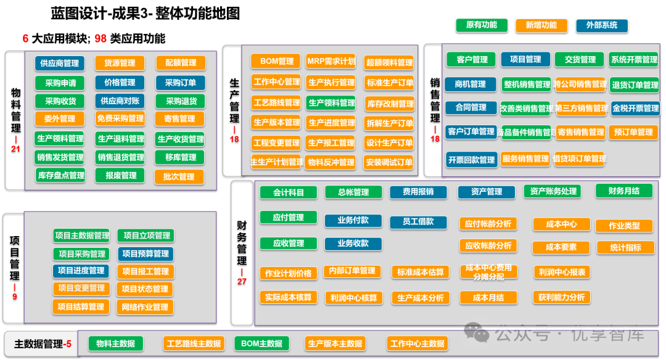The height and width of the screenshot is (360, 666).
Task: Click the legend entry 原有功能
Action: coord(482,25)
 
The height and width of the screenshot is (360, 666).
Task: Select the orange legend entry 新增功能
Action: coord(541,25)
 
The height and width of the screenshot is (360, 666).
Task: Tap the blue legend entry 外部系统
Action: coord(601,25)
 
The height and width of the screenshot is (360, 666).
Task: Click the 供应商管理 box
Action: coord(60,63)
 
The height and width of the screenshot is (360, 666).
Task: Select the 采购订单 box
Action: coord(180,83)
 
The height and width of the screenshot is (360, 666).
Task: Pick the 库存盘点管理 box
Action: coord(60,176)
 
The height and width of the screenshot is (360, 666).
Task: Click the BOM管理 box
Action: coord(276,61)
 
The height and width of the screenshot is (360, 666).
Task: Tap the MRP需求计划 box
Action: coord(331,61)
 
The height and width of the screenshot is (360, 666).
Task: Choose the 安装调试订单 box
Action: coord(388,163)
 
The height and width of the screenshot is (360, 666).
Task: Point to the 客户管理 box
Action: coord(472,59)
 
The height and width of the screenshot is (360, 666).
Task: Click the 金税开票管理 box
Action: coord(635,108)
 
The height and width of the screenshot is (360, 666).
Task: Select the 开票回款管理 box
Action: coord(472,160)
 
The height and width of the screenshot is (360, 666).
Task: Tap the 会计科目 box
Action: coord(289,192)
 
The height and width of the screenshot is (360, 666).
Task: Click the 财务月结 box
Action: coord(623,191)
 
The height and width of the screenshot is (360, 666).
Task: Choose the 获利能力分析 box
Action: coord(561,297)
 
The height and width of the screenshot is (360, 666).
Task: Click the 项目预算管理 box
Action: coord(146,253)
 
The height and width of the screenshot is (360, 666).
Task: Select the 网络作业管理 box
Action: coord(145,307)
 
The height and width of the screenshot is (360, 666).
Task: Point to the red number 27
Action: coord(242,281)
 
